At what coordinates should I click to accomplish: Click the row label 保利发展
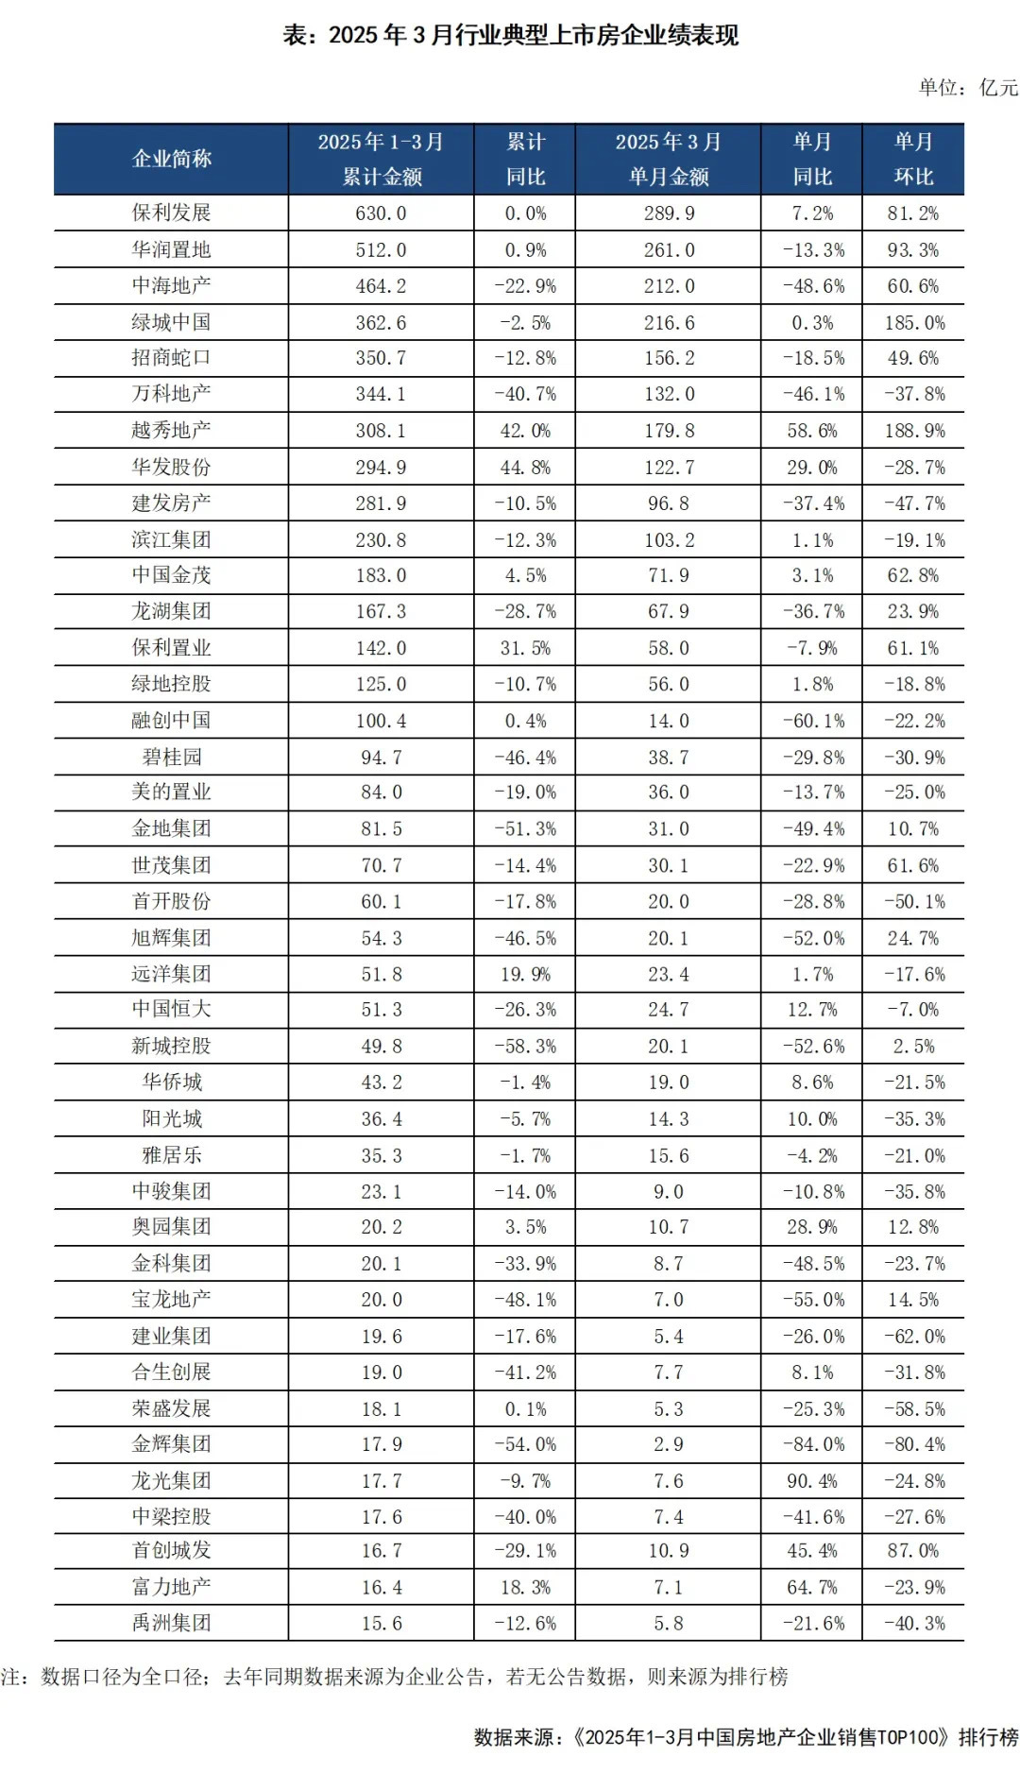[171, 213]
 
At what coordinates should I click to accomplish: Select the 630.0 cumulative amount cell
[381, 213]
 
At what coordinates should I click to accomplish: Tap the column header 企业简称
[171, 159]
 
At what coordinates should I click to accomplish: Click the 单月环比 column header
[913, 159]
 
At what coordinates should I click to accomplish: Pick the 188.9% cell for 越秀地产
[913, 431]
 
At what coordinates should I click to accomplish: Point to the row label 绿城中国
[171, 322]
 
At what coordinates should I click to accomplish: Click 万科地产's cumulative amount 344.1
[381, 394]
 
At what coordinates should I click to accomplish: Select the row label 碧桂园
[171, 757]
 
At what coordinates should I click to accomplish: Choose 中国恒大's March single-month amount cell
[669, 1010]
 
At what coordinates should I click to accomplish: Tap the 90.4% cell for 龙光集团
[811, 1480]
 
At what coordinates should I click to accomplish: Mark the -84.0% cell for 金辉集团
[811, 1444]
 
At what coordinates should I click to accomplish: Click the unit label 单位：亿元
[968, 88]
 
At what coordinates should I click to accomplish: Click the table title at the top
[510, 36]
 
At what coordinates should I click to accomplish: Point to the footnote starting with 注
[395, 1677]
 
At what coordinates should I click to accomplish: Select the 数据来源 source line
[746, 1737]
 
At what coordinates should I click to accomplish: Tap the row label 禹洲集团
[171, 1624]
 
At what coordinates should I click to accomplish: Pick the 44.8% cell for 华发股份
[525, 468]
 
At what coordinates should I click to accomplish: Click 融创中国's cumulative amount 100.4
[381, 721]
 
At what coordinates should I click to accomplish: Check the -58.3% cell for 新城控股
[525, 1047]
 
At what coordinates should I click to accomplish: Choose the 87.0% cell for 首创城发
[913, 1551]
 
